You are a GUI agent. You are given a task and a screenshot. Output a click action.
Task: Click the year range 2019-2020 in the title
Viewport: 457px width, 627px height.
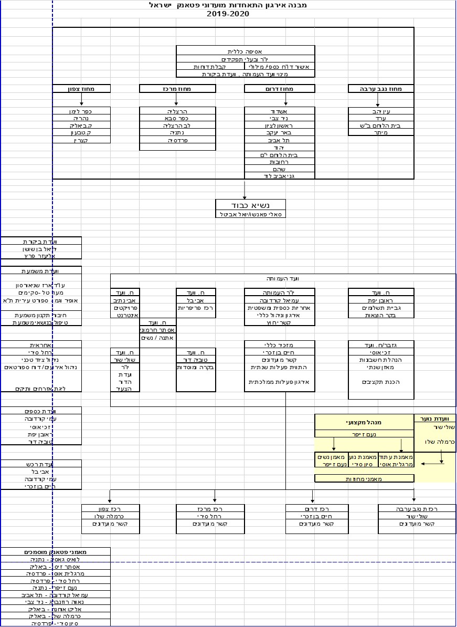pos(228,14)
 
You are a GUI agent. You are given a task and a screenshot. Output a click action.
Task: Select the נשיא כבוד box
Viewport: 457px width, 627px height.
pos(251,205)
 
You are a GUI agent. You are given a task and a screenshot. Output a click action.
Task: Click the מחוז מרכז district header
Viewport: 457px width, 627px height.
pos(178,89)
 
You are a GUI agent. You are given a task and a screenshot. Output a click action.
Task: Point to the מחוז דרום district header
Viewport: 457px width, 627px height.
pos(280,89)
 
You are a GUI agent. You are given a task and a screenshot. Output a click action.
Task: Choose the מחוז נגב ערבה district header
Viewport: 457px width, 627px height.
pos(381,89)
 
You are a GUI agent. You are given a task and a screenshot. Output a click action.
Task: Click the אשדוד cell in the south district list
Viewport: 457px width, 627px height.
pos(280,111)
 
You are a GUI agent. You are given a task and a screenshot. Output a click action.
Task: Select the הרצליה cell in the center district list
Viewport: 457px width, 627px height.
pos(178,111)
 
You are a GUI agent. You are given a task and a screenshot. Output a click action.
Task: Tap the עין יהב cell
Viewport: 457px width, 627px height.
pos(381,111)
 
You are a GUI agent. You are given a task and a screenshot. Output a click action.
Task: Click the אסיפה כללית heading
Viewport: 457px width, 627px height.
pos(245,51)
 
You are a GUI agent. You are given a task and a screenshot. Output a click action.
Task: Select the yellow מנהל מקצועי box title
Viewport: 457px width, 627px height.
pos(364,422)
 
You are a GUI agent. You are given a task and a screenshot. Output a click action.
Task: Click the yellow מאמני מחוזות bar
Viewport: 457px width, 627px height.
pos(364,479)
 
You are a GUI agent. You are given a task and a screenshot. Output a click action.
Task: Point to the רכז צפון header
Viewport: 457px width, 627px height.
pos(111,509)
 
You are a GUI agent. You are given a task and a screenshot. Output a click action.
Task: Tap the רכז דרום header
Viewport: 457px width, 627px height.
pos(317,509)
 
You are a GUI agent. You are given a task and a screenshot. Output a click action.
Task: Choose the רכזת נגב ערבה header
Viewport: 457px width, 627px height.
pos(417,509)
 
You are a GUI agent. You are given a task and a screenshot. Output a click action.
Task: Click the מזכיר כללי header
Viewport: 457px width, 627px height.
pos(280,344)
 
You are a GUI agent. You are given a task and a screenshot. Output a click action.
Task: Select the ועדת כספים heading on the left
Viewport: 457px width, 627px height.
pos(41,411)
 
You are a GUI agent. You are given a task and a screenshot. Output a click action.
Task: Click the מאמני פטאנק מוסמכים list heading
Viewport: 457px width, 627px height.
pos(56,552)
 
